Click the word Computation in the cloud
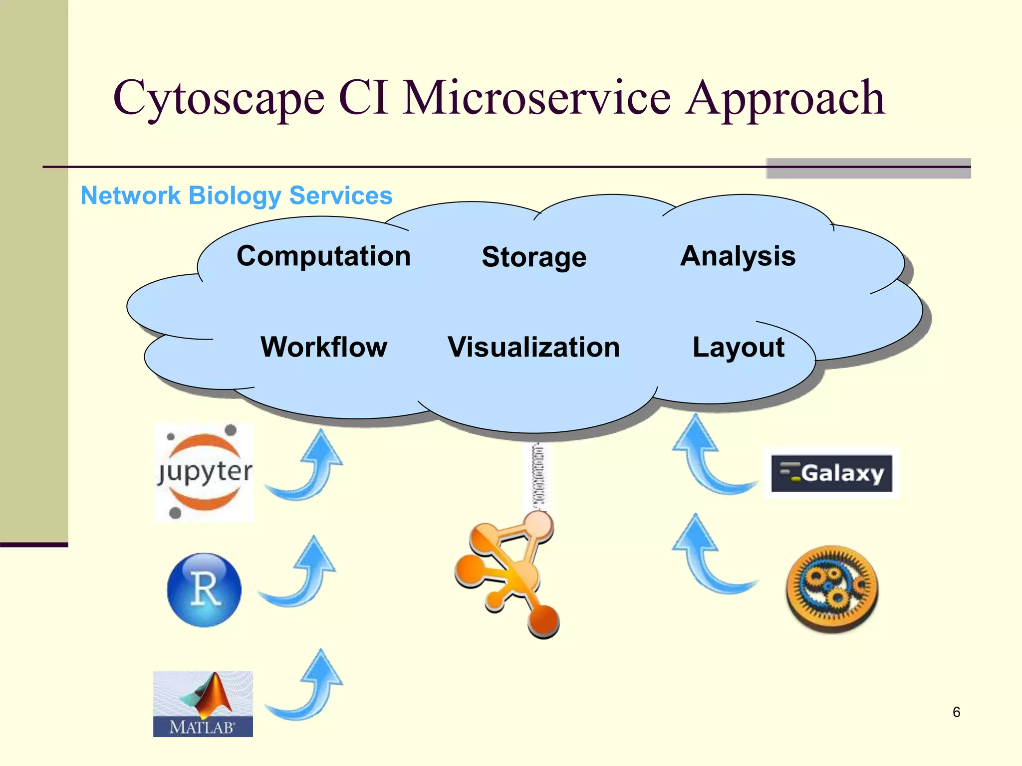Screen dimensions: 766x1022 (x=323, y=256)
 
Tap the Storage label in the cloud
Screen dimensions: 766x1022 (x=534, y=257)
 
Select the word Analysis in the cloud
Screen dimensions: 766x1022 (x=738, y=256)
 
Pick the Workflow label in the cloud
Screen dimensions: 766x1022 (x=324, y=347)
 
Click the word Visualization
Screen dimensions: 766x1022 (x=533, y=347)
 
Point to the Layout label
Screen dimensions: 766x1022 (x=738, y=348)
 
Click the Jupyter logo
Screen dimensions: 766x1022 (x=204, y=472)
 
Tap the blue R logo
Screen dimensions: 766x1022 (x=204, y=590)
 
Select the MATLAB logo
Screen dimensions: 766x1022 (x=203, y=704)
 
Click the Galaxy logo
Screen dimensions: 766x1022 (x=831, y=473)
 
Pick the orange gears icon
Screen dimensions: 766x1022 (x=832, y=588)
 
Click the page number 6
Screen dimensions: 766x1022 (x=956, y=712)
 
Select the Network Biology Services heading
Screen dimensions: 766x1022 (x=237, y=195)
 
